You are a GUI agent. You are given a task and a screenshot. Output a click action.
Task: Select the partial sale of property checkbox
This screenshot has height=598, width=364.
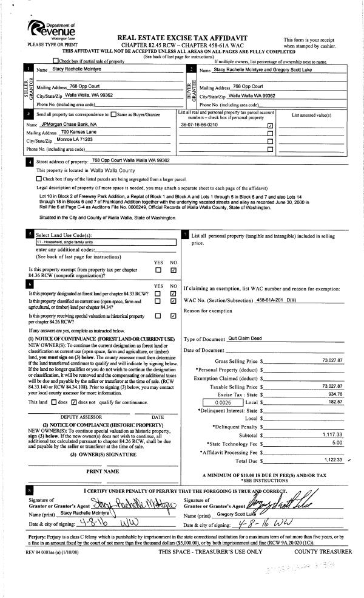[x=56, y=61]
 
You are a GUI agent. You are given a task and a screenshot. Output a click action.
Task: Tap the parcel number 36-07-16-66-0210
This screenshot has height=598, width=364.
[x=200, y=125]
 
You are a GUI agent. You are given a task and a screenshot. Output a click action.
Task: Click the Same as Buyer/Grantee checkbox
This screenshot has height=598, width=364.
[x=114, y=115]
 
